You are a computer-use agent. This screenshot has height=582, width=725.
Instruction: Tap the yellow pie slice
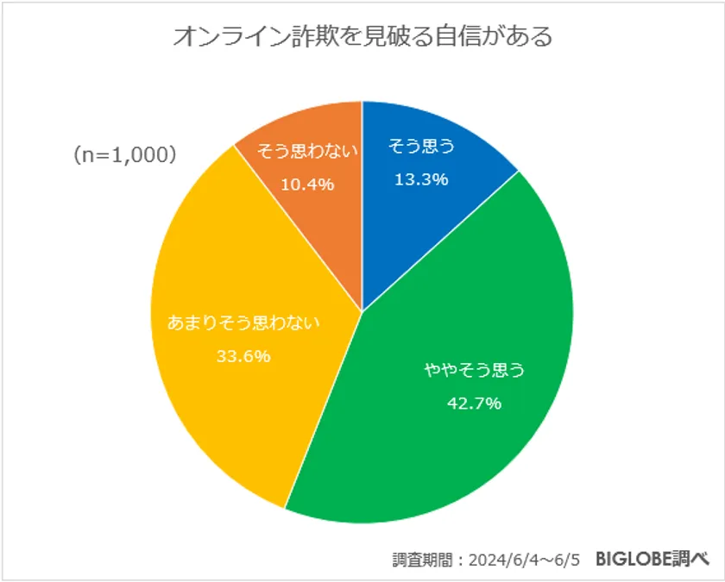pos(233,345)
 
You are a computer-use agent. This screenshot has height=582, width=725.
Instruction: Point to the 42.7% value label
pos(474,403)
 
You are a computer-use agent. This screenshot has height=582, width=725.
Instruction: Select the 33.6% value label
pos(243,355)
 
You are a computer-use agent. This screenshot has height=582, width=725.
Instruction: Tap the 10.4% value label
pos(306,184)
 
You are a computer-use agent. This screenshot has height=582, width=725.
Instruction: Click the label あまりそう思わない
pos(243,324)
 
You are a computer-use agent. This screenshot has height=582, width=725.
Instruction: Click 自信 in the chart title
pos(457,38)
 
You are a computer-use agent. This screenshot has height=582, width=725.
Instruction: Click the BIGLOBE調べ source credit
pos(652,558)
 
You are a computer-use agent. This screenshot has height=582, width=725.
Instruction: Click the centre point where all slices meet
pos(362,311)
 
